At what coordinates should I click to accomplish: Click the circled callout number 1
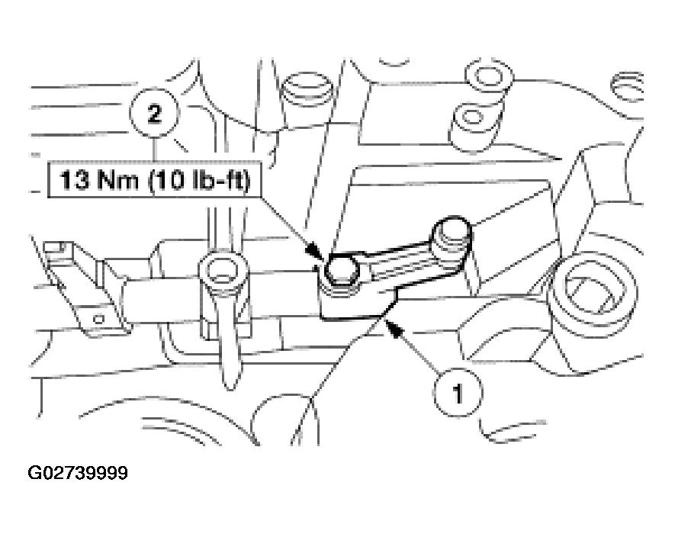457,394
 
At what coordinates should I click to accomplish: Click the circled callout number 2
155,115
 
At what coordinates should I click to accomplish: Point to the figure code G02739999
79,474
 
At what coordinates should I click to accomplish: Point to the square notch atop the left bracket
54,248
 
